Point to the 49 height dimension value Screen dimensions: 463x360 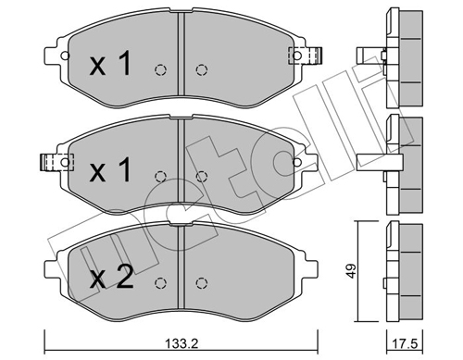(x=351, y=271)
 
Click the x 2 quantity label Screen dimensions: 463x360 (x=111, y=278)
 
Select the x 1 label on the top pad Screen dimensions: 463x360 (x=110, y=64)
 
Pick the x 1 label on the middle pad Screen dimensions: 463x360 (x=110, y=169)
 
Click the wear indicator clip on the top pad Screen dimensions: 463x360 (x=305, y=56)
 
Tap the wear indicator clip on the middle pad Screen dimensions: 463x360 (x=57, y=162)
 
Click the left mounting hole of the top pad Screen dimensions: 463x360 (x=65, y=56)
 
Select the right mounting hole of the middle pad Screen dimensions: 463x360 (x=297, y=162)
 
